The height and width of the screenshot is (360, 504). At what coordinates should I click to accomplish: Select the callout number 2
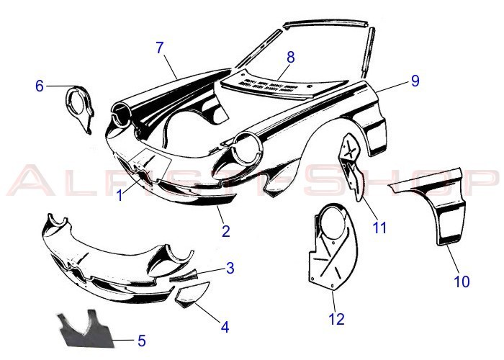(225, 231)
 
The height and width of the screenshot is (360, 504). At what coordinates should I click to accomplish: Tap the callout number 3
(230, 269)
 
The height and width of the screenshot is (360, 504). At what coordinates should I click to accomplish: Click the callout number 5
(141, 339)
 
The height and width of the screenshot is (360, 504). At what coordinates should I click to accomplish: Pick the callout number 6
(40, 86)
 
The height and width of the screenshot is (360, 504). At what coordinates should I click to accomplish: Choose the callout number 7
(160, 48)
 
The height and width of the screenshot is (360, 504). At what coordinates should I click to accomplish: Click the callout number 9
(414, 81)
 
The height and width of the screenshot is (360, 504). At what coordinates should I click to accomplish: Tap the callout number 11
(379, 228)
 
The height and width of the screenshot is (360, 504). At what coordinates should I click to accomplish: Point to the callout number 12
(336, 318)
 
